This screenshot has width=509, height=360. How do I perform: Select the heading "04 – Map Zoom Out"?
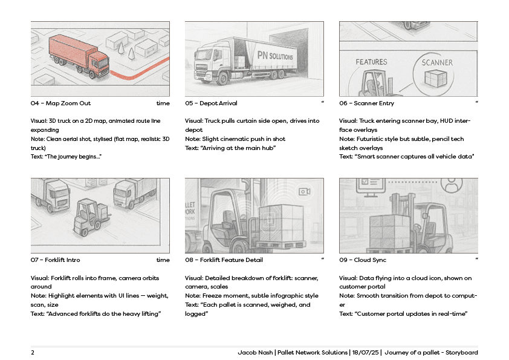tap(60, 103)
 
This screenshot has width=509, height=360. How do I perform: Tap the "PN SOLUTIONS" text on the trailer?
tap(275, 56)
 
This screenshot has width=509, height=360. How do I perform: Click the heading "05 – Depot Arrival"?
tap(211, 103)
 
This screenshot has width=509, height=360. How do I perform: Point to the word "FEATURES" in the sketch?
tap(371, 62)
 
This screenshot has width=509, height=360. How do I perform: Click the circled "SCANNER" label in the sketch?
tap(437, 62)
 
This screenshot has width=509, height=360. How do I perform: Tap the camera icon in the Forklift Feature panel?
tap(304, 191)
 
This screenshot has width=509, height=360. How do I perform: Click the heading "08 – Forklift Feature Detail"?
tap(225, 260)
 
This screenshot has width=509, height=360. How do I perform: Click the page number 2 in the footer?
tap(33, 353)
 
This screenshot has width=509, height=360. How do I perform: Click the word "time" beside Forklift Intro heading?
tap(163, 260)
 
